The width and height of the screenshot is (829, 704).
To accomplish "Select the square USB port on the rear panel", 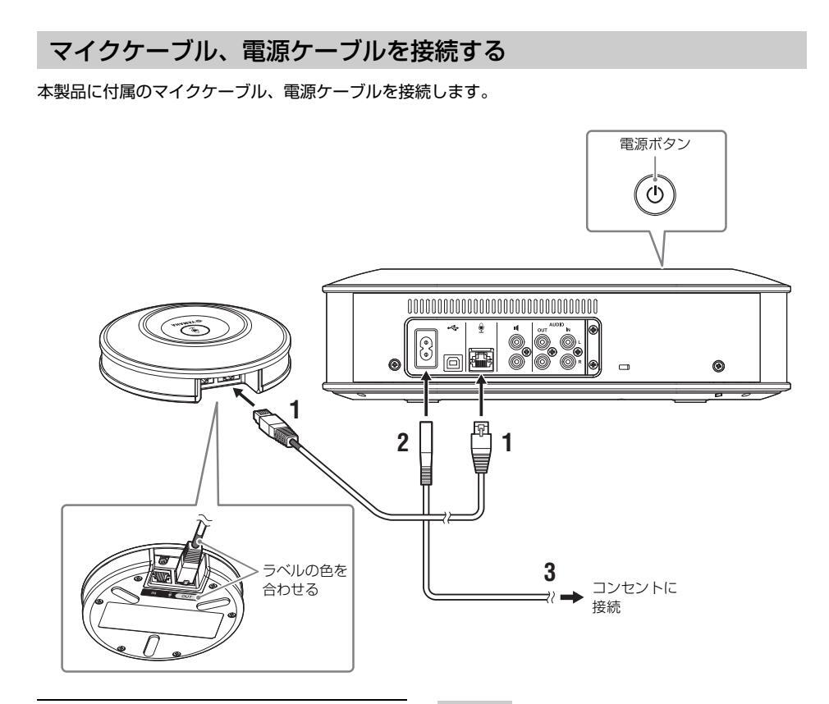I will [x=451, y=360].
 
